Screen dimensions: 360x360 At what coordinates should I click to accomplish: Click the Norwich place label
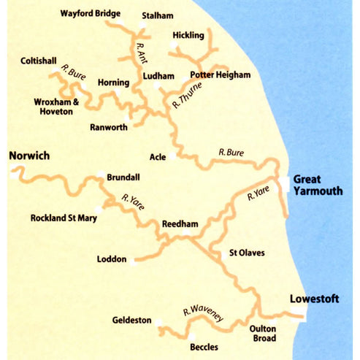coord(28,156)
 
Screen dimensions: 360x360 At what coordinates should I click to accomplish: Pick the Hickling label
coord(188,35)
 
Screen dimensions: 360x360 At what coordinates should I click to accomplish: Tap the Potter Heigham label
coord(220,75)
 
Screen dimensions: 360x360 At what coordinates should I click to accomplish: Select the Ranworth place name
coord(109,127)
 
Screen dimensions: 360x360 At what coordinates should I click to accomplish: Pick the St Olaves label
coord(247,253)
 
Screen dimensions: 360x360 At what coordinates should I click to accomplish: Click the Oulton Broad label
coord(263,333)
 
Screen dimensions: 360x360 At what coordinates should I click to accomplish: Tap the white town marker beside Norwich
coord(14,174)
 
